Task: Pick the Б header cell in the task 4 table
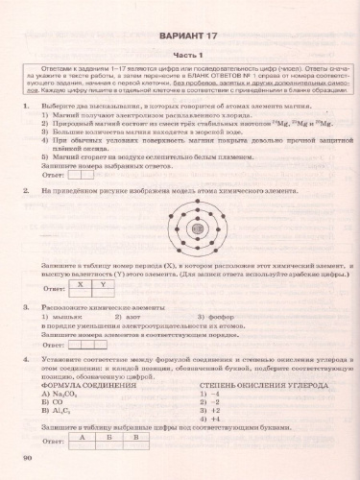click(109, 436)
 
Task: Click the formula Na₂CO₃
click(70, 393)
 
